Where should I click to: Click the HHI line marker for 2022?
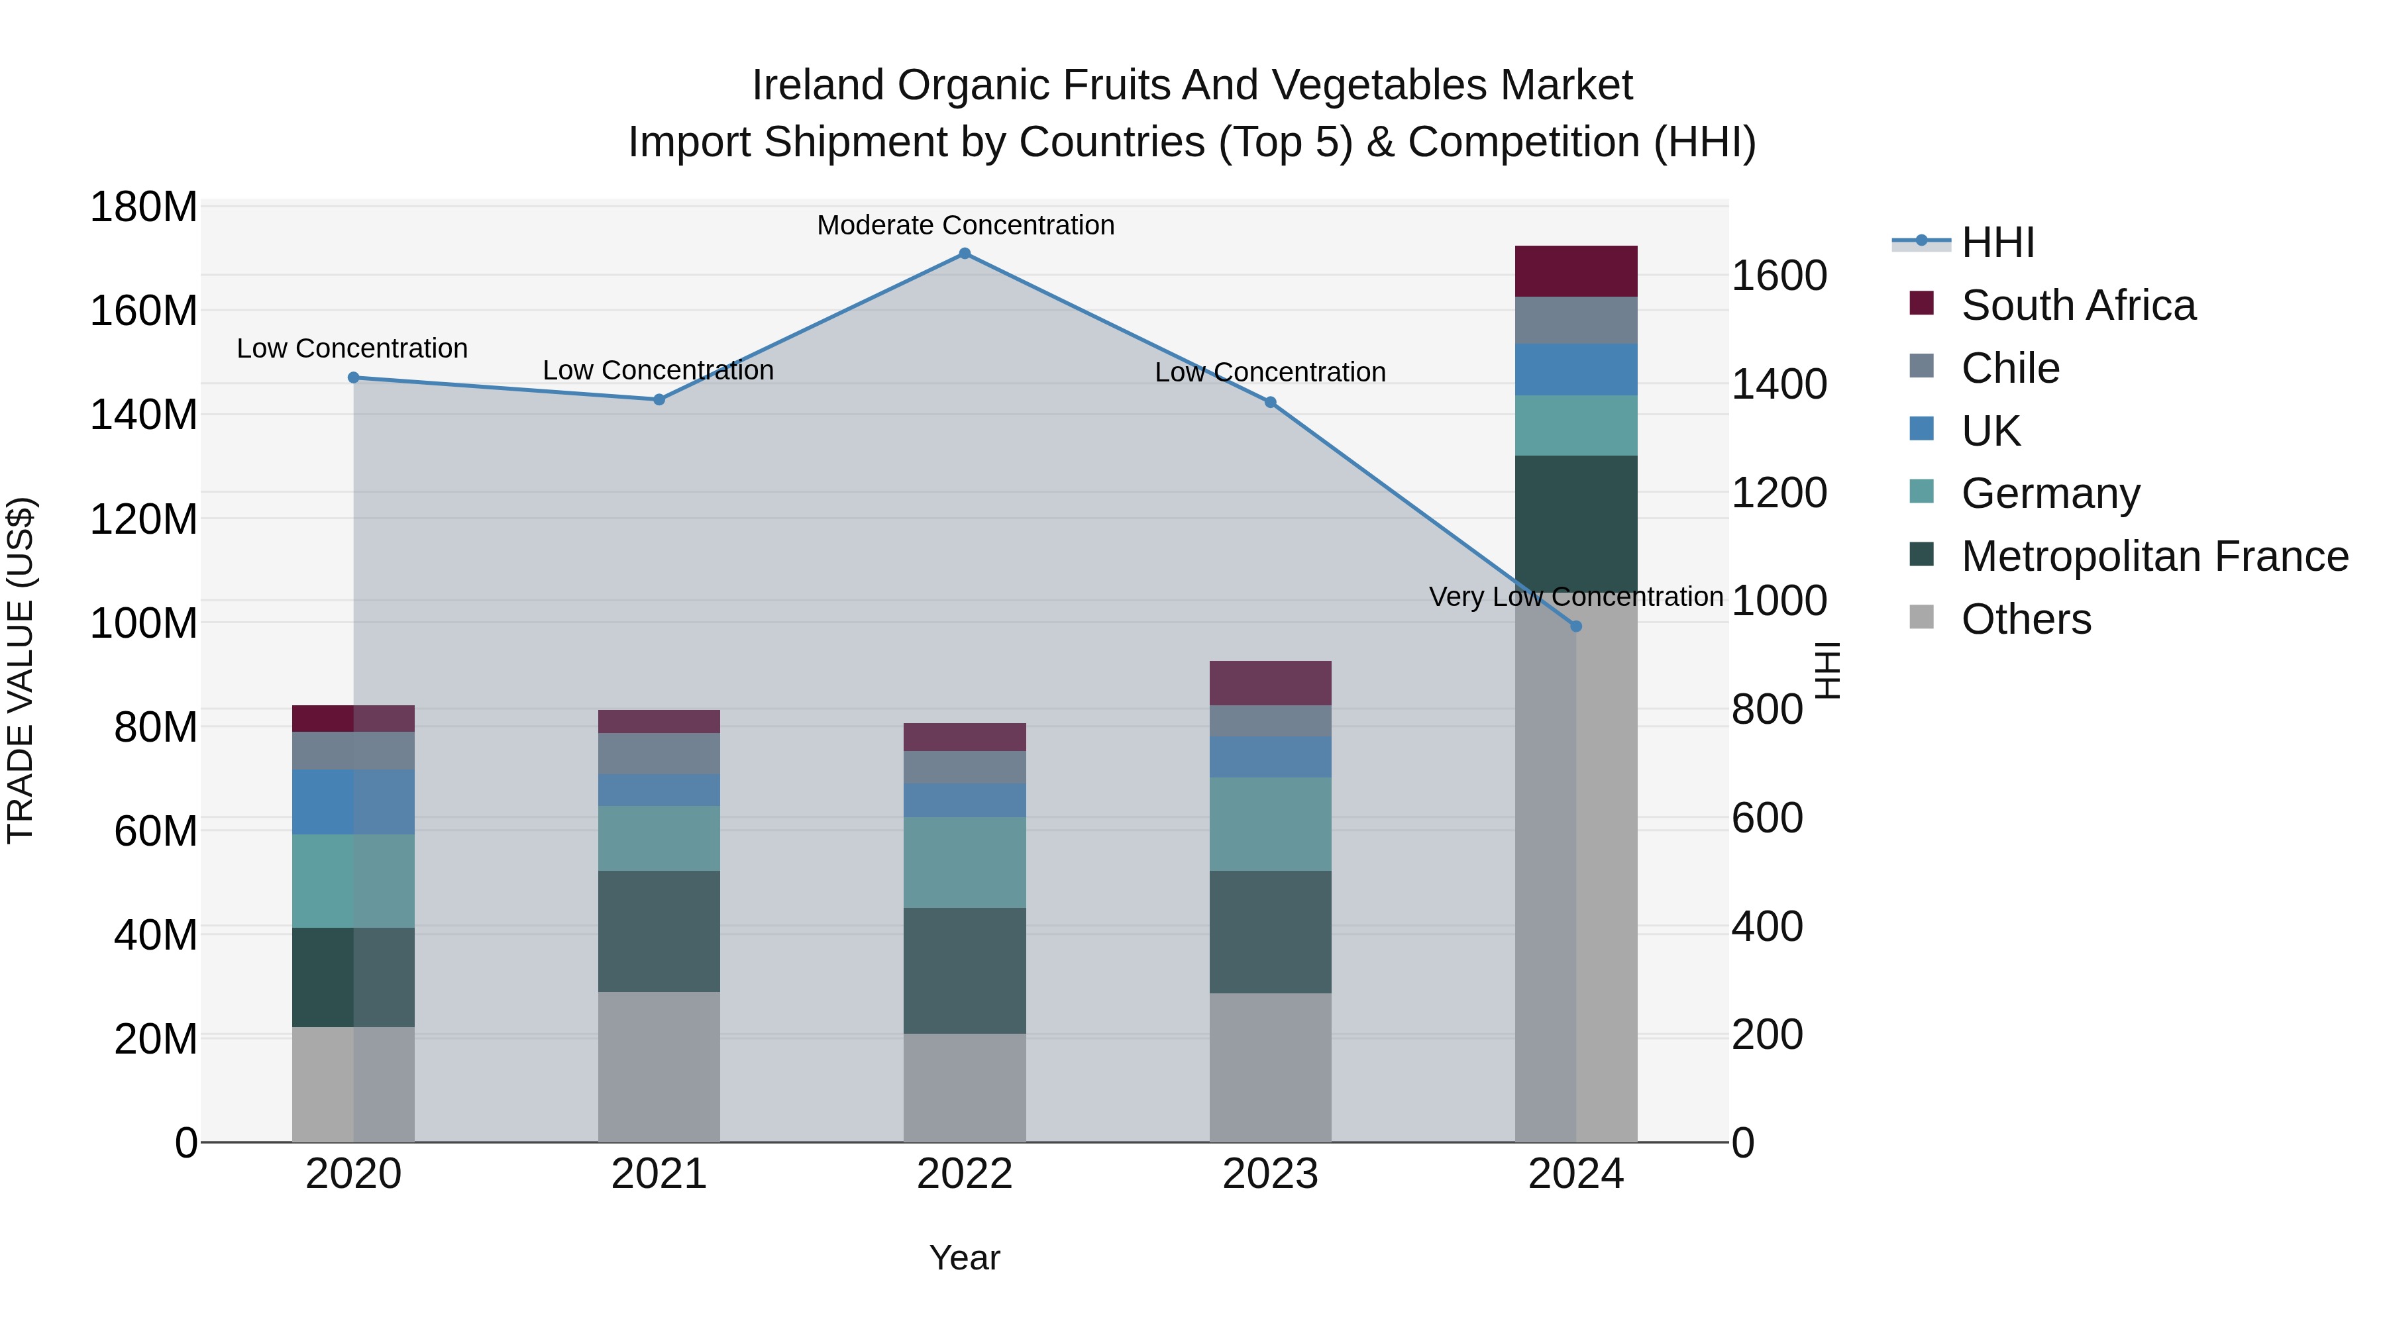[x=964, y=254]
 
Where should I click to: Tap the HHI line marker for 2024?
[x=1576, y=626]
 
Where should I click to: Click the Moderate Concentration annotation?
[x=965, y=225]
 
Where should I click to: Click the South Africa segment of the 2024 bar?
[x=1576, y=271]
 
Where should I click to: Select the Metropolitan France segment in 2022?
[x=964, y=970]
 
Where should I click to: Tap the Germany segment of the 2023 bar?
[x=1269, y=824]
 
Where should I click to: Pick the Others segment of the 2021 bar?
[x=659, y=1066]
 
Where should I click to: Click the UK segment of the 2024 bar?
[x=1576, y=370]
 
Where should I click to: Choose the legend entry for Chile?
[x=2010, y=368]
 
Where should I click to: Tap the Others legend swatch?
[x=1921, y=617]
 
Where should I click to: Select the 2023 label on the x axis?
[x=1269, y=1173]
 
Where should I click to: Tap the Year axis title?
[x=964, y=1258]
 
